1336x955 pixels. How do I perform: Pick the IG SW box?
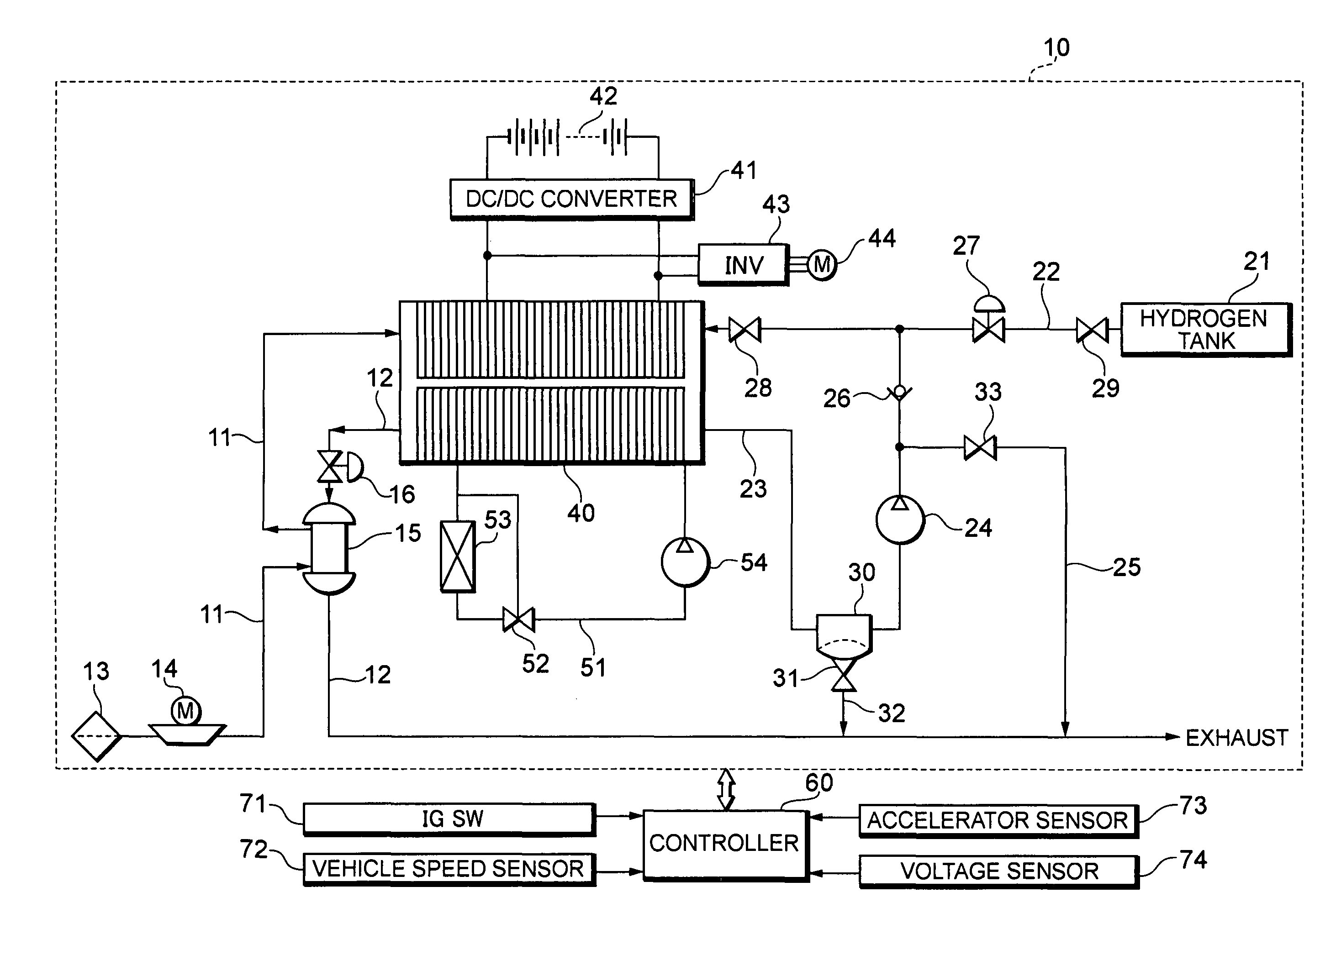tap(449, 819)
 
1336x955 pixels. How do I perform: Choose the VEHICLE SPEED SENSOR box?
tap(449, 869)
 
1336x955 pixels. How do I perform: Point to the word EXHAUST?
tap(1236, 737)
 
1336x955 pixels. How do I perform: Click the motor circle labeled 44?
tap(821, 265)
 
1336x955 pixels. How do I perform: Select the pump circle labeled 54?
tap(685, 562)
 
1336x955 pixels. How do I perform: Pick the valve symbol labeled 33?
tap(979, 448)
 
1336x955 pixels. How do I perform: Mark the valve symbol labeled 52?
tap(518, 619)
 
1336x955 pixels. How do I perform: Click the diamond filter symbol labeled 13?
tap(96, 736)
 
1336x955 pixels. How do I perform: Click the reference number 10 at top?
tap(1056, 47)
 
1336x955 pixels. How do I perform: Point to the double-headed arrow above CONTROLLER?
tap(725, 790)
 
